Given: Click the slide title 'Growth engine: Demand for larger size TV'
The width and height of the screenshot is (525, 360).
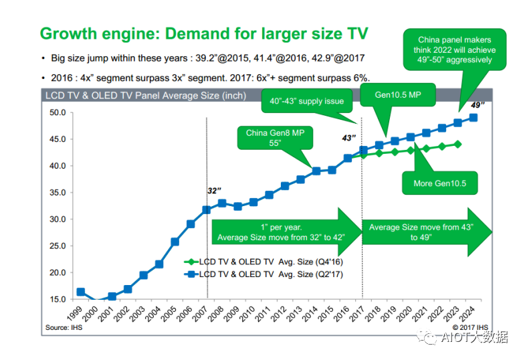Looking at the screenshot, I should [204, 33].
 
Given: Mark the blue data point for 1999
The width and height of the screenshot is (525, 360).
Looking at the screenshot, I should [80, 292].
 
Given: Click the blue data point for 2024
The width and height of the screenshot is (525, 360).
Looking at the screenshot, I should [473, 118].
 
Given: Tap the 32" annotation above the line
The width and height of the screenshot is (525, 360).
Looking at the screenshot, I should [214, 191].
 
